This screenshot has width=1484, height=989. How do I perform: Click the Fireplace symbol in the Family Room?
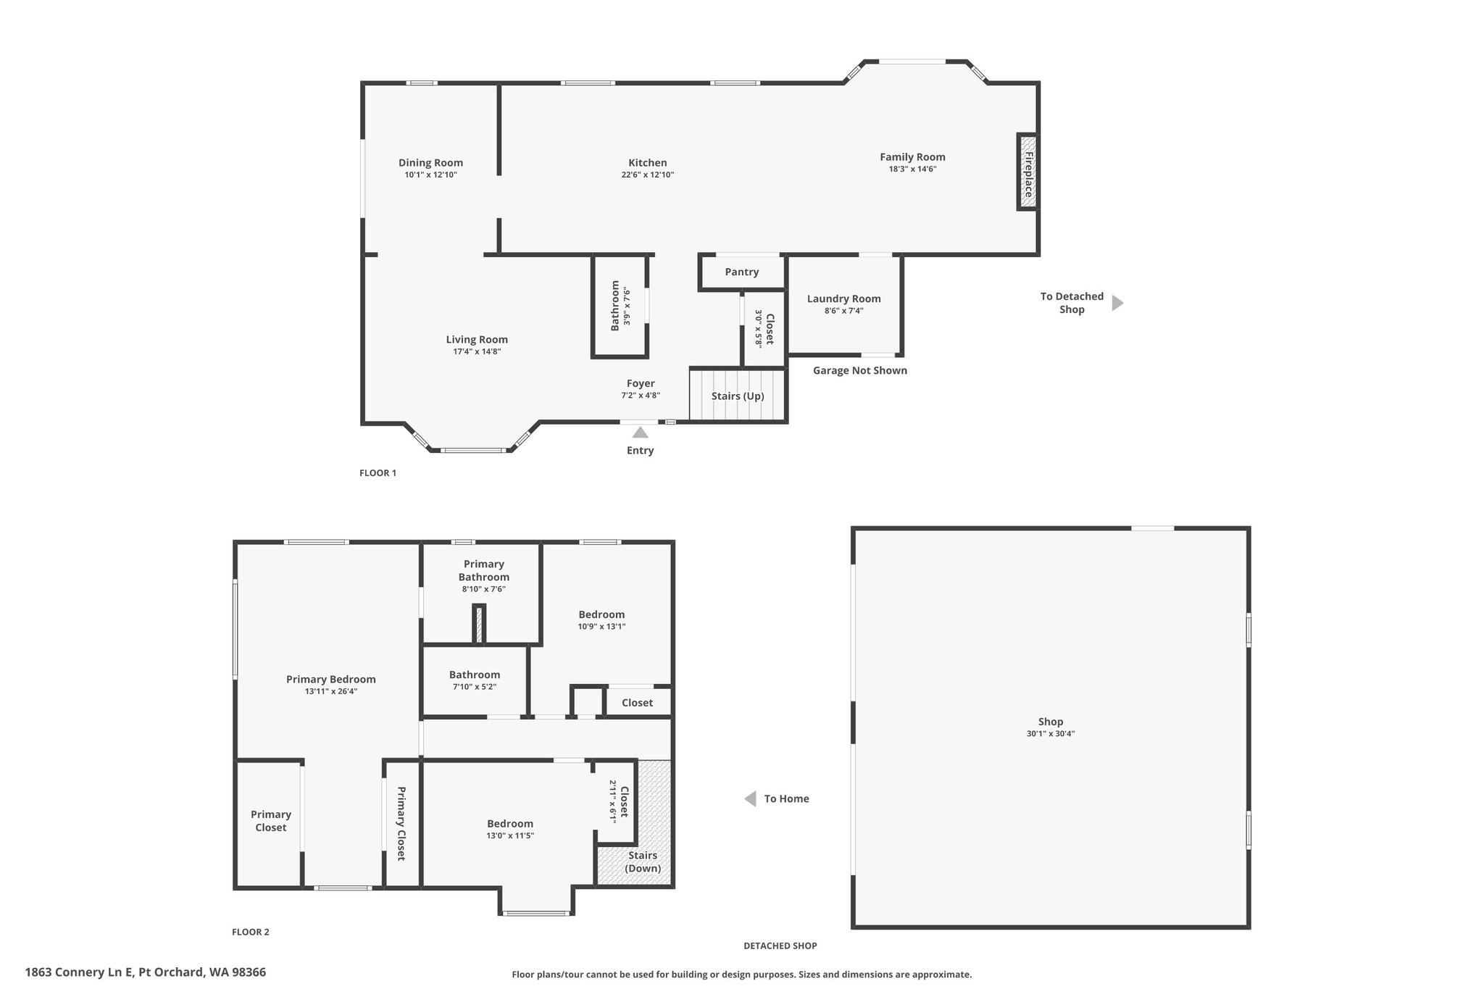(x=1027, y=172)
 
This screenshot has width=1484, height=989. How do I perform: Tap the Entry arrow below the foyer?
(x=641, y=433)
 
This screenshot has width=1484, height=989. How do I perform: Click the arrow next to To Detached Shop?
(x=1117, y=303)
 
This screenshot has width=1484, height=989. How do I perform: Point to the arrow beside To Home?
(x=751, y=798)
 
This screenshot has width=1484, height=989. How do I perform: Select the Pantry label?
(x=742, y=272)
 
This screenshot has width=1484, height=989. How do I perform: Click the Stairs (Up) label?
(x=738, y=396)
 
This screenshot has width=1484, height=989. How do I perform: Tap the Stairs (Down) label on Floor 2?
(x=643, y=862)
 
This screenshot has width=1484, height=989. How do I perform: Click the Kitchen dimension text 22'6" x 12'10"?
(x=648, y=175)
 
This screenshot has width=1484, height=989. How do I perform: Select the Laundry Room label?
(x=844, y=299)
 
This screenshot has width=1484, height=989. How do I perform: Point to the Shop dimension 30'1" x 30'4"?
(x=1051, y=733)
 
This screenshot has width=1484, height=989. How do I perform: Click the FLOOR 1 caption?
(x=378, y=473)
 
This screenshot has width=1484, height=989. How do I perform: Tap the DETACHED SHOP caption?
(x=780, y=946)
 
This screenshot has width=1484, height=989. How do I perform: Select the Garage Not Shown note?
(x=860, y=370)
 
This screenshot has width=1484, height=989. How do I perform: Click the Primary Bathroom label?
(x=484, y=570)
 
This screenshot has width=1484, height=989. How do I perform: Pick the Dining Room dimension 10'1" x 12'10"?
(x=431, y=175)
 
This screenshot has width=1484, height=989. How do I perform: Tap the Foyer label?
(x=641, y=383)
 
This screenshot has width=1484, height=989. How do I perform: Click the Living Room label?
(x=477, y=339)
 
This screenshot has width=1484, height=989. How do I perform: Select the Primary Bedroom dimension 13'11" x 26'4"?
(x=331, y=691)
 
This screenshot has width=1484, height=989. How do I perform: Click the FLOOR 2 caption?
(x=251, y=932)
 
